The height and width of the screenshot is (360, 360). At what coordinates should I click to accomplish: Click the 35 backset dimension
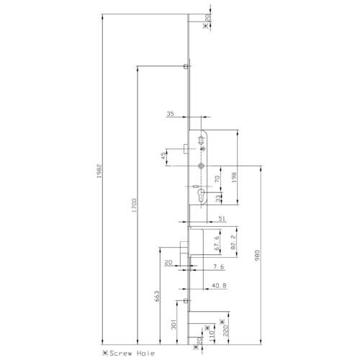tap(171, 114)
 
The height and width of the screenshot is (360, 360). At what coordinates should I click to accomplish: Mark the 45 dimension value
tap(163, 156)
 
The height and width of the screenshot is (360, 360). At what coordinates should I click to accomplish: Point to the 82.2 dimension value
tap(234, 245)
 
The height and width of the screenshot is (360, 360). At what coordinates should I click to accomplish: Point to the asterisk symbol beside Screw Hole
tap(105, 352)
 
